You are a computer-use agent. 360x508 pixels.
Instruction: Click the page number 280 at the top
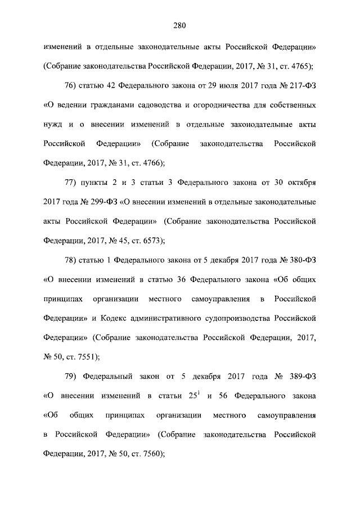pos(179,25)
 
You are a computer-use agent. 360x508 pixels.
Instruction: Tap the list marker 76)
pos(74,85)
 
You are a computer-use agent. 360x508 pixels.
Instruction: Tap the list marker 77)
pos(74,183)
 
